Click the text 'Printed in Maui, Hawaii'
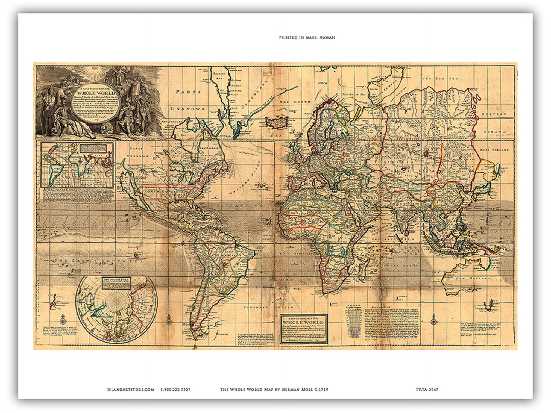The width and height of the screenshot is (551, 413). pos(307,37)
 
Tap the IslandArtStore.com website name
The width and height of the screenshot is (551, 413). pos(131,390)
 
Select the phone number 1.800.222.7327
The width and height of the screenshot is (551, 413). pos(175,390)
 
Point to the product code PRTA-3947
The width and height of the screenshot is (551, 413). pos(427,390)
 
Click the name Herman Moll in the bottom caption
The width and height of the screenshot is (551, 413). pos(300,390)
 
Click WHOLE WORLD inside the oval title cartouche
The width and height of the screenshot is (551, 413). pos(96,93)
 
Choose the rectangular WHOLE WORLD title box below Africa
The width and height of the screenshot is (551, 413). pos(304,328)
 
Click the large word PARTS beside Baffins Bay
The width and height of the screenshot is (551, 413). pos(188,92)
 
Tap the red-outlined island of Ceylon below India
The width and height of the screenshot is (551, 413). pos(407,232)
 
